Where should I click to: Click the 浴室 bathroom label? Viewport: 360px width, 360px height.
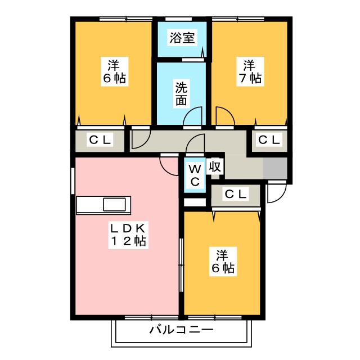(182, 38)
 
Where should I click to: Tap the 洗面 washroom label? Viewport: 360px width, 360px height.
(181, 93)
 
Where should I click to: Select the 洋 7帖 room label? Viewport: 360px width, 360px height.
(250, 71)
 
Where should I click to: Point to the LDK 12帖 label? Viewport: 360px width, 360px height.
(128, 235)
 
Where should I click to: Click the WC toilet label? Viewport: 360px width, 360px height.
(195, 175)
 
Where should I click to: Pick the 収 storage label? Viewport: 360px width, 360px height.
(215, 166)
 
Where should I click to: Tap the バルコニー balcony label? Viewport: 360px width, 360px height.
(181, 330)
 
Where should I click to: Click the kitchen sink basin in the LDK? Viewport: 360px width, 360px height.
(114, 205)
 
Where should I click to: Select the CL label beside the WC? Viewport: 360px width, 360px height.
(236, 195)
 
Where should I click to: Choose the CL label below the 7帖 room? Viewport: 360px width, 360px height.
(269, 139)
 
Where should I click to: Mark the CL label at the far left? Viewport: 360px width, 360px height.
(100, 139)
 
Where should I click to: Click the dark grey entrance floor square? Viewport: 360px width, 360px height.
(275, 168)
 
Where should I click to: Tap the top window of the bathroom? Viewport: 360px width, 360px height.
(178, 19)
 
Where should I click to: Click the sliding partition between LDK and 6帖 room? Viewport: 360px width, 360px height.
(181, 265)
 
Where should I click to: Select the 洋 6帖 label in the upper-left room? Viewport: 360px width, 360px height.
(114, 71)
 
